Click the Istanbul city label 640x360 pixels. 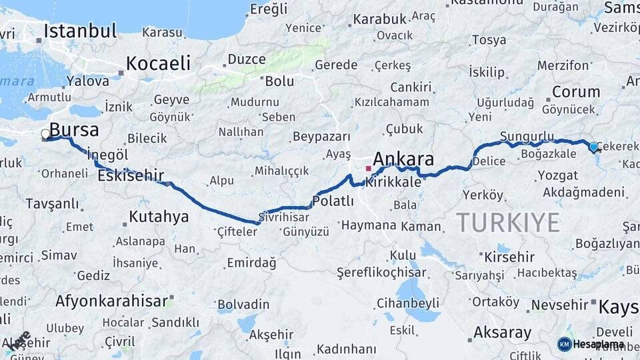coord(80,31)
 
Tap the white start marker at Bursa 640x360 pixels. coord(46,134)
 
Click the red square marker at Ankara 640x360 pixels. coord(368,169)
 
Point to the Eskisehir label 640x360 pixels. coord(131,176)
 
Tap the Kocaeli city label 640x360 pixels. coord(158,63)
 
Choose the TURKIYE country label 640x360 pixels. coord(508,222)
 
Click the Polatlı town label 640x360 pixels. coord(333,201)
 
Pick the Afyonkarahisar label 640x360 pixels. coord(111,301)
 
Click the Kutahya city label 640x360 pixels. coord(159,217)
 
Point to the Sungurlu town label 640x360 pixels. coord(527,136)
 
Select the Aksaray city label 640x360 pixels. coord(502,332)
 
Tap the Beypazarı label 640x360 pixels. coord(321,137)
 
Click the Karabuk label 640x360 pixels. coord(379,19)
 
